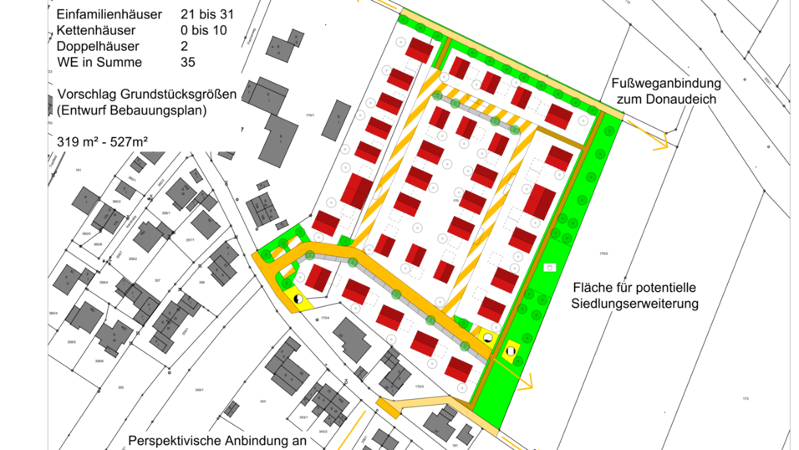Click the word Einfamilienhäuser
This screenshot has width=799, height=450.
[x=109, y=15]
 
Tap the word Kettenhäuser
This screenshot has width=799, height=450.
[x=95, y=31]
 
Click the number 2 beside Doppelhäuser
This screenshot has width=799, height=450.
[x=184, y=47]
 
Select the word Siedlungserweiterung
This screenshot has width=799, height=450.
[x=635, y=304]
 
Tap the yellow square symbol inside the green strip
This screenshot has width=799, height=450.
[x=511, y=351]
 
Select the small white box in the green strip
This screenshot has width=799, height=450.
[x=549, y=268]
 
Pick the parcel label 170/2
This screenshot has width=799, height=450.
[x=603, y=253]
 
